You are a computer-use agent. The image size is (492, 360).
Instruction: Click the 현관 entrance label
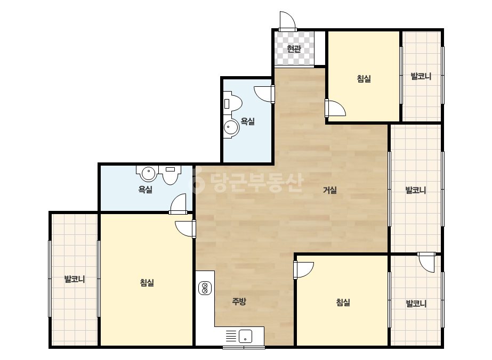(x=294, y=49)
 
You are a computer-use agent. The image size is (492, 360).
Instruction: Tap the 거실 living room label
(x=330, y=190)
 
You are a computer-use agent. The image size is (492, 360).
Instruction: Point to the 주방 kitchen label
(x=239, y=301)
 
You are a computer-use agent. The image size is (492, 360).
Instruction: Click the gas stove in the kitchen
(x=205, y=289)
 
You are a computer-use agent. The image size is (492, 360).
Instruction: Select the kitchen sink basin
(x=245, y=336)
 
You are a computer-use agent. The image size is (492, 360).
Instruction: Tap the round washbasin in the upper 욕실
(x=231, y=127)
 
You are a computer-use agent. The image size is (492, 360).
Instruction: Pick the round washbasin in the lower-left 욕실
(x=148, y=174)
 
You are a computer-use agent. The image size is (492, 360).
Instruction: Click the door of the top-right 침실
(x=335, y=108)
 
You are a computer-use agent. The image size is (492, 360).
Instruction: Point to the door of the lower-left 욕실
(x=178, y=204)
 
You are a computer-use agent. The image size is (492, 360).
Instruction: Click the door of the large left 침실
(x=185, y=228)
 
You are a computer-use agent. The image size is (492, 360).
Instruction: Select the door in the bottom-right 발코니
(x=426, y=262)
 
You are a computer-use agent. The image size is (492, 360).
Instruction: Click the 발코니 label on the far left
(x=75, y=279)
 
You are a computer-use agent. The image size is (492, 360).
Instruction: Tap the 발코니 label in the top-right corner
(x=421, y=76)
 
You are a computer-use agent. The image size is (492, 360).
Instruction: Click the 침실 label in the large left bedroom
(x=147, y=283)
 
